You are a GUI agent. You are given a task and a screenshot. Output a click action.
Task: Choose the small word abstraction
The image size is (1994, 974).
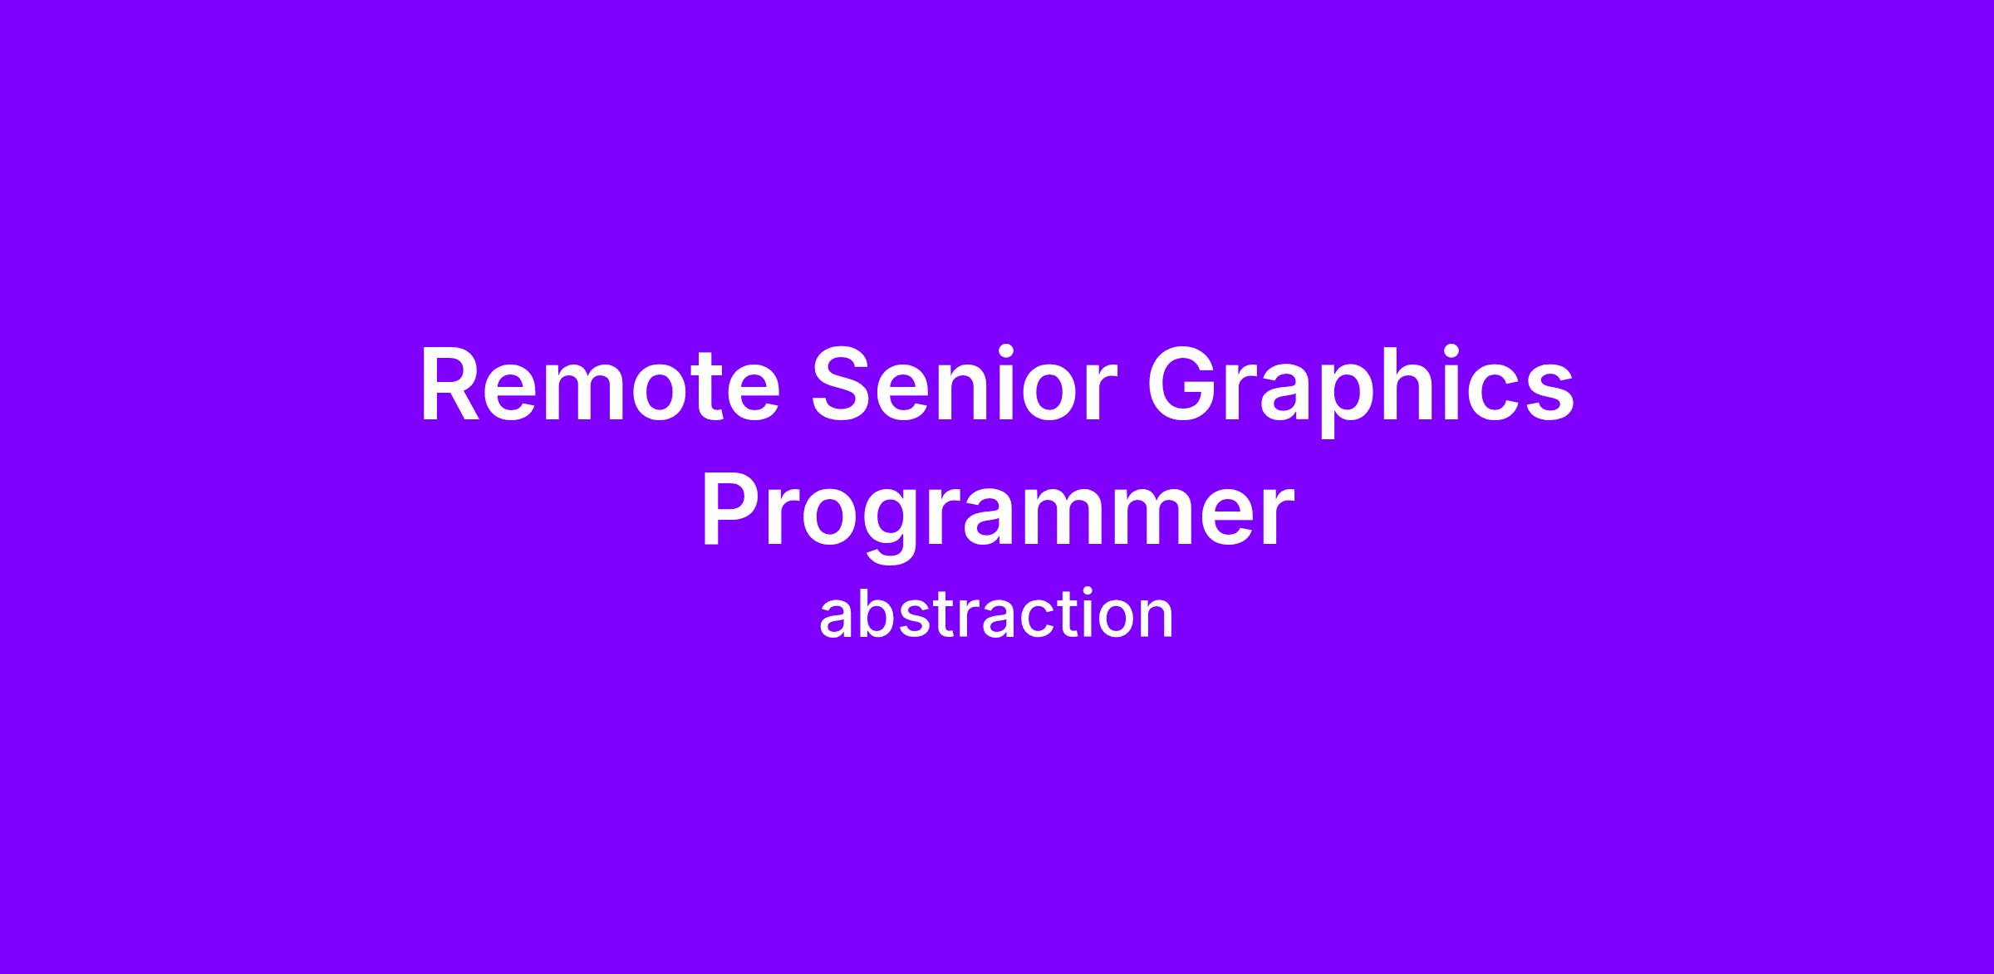[996, 614]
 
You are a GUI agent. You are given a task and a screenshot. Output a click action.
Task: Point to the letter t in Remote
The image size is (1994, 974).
[713, 389]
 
